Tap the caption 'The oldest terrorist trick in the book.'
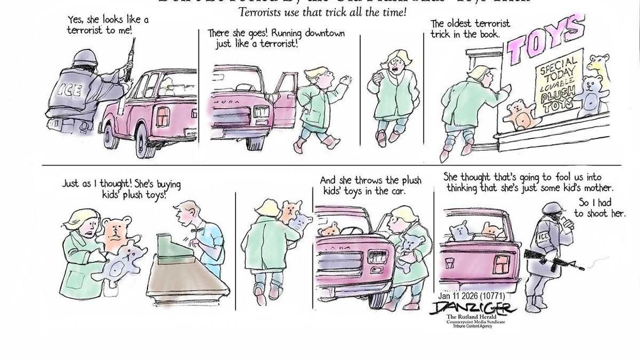click(470, 29)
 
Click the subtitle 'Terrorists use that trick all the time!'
click(322, 12)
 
